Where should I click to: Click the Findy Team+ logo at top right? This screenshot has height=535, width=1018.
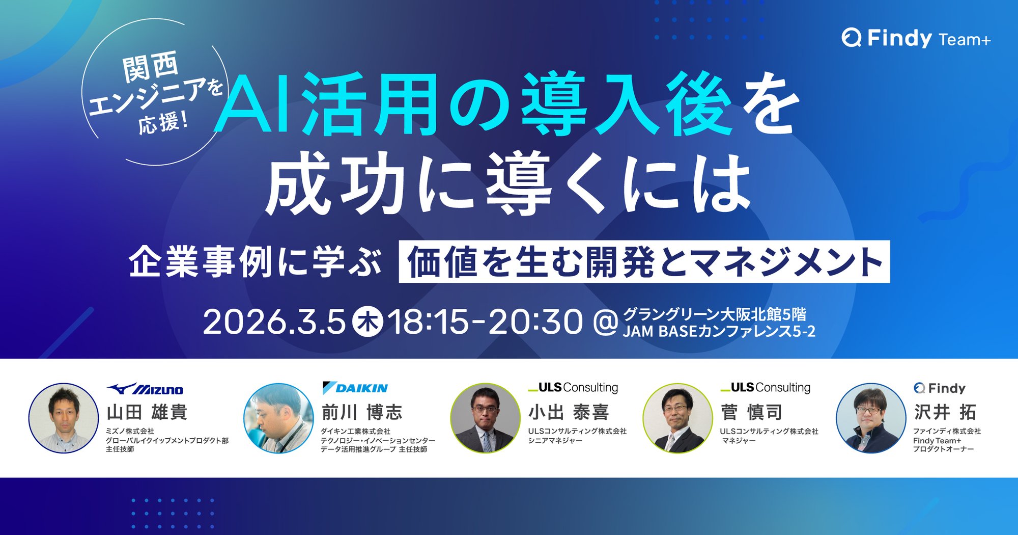coord(916,38)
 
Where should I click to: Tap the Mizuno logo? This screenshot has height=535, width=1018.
coord(145,389)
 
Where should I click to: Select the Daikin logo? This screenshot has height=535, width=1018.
coord(355,388)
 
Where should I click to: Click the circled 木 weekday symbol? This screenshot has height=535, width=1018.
coord(368,322)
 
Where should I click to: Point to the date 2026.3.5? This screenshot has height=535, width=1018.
coord(274,322)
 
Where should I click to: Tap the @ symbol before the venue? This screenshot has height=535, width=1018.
coord(606,323)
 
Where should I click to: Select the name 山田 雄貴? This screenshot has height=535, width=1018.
coord(147,412)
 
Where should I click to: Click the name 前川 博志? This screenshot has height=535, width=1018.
coord(362,412)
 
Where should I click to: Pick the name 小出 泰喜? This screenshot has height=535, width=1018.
coord(569,412)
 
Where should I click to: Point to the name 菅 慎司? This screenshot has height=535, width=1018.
coord(751,412)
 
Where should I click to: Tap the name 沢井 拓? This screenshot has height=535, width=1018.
coord(945,412)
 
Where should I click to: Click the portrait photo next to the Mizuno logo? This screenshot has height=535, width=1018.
coord(64,418)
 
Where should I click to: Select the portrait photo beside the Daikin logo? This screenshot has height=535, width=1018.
coord(278,418)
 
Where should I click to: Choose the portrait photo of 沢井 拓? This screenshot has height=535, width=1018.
coord(871,418)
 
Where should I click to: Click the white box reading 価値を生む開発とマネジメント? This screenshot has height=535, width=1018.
coord(644,261)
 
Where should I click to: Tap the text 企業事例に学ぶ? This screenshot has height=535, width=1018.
coord(255,262)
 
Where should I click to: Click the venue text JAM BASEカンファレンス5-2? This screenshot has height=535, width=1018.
coord(719,331)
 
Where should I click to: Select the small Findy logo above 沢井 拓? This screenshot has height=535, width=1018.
coord(940,388)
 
